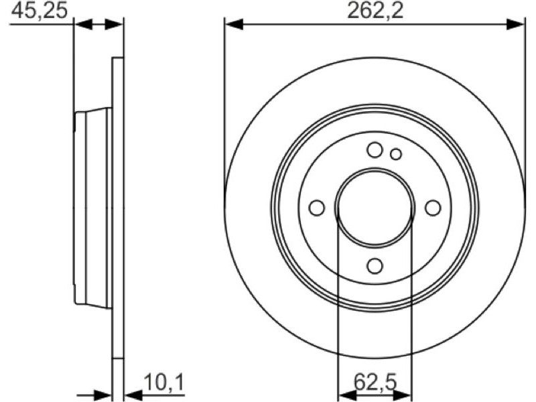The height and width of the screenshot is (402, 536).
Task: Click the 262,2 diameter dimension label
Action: coord(375,11)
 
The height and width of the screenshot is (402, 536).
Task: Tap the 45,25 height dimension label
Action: coord(39,11)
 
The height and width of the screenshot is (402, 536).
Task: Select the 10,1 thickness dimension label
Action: coord(163,383)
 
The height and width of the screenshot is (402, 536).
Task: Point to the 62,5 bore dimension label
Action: coord(375,382)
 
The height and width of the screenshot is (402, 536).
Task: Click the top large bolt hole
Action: coord(375,149)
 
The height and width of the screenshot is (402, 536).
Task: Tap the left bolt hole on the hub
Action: coord(316,208)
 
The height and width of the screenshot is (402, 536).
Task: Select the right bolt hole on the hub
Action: coord(433,208)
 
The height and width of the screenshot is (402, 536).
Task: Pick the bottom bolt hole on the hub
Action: coord(375,266)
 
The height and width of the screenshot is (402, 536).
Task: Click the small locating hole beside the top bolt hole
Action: coord(396,154)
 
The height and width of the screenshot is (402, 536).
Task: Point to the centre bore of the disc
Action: coord(375,208)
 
